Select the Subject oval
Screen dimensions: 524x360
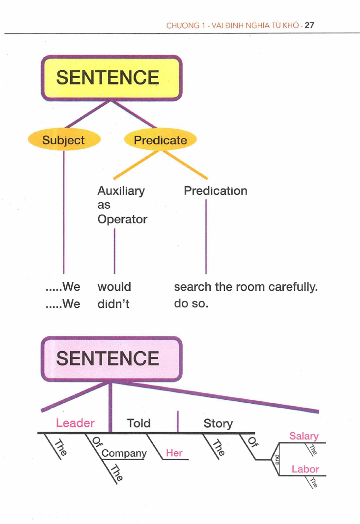pyautogui.click(x=63, y=140)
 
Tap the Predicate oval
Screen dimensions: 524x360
pyautogui.click(x=160, y=140)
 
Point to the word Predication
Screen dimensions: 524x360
pyautogui.click(x=215, y=191)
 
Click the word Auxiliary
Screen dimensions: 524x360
pyautogui.click(x=121, y=191)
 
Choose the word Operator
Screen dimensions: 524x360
pyautogui.click(x=122, y=220)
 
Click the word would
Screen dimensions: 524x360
pyautogui.click(x=114, y=287)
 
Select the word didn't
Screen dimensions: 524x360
pyautogui.click(x=113, y=304)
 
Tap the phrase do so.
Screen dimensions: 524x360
pyautogui.click(x=191, y=304)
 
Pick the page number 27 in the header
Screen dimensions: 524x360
pyautogui.click(x=309, y=26)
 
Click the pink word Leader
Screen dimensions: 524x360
pyautogui.click(x=75, y=423)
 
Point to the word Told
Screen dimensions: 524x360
pyautogui.click(x=138, y=423)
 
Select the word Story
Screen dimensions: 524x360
pyautogui.click(x=218, y=423)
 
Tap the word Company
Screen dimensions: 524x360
pyautogui.click(x=124, y=453)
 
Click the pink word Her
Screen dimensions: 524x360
pyautogui.click(x=174, y=453)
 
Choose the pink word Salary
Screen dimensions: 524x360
pyautogui.click(x=304, y=436)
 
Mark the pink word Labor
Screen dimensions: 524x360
pyautogui.click(x=305, y=469)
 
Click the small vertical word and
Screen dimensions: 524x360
pyautogui.click(x=276, y=459)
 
